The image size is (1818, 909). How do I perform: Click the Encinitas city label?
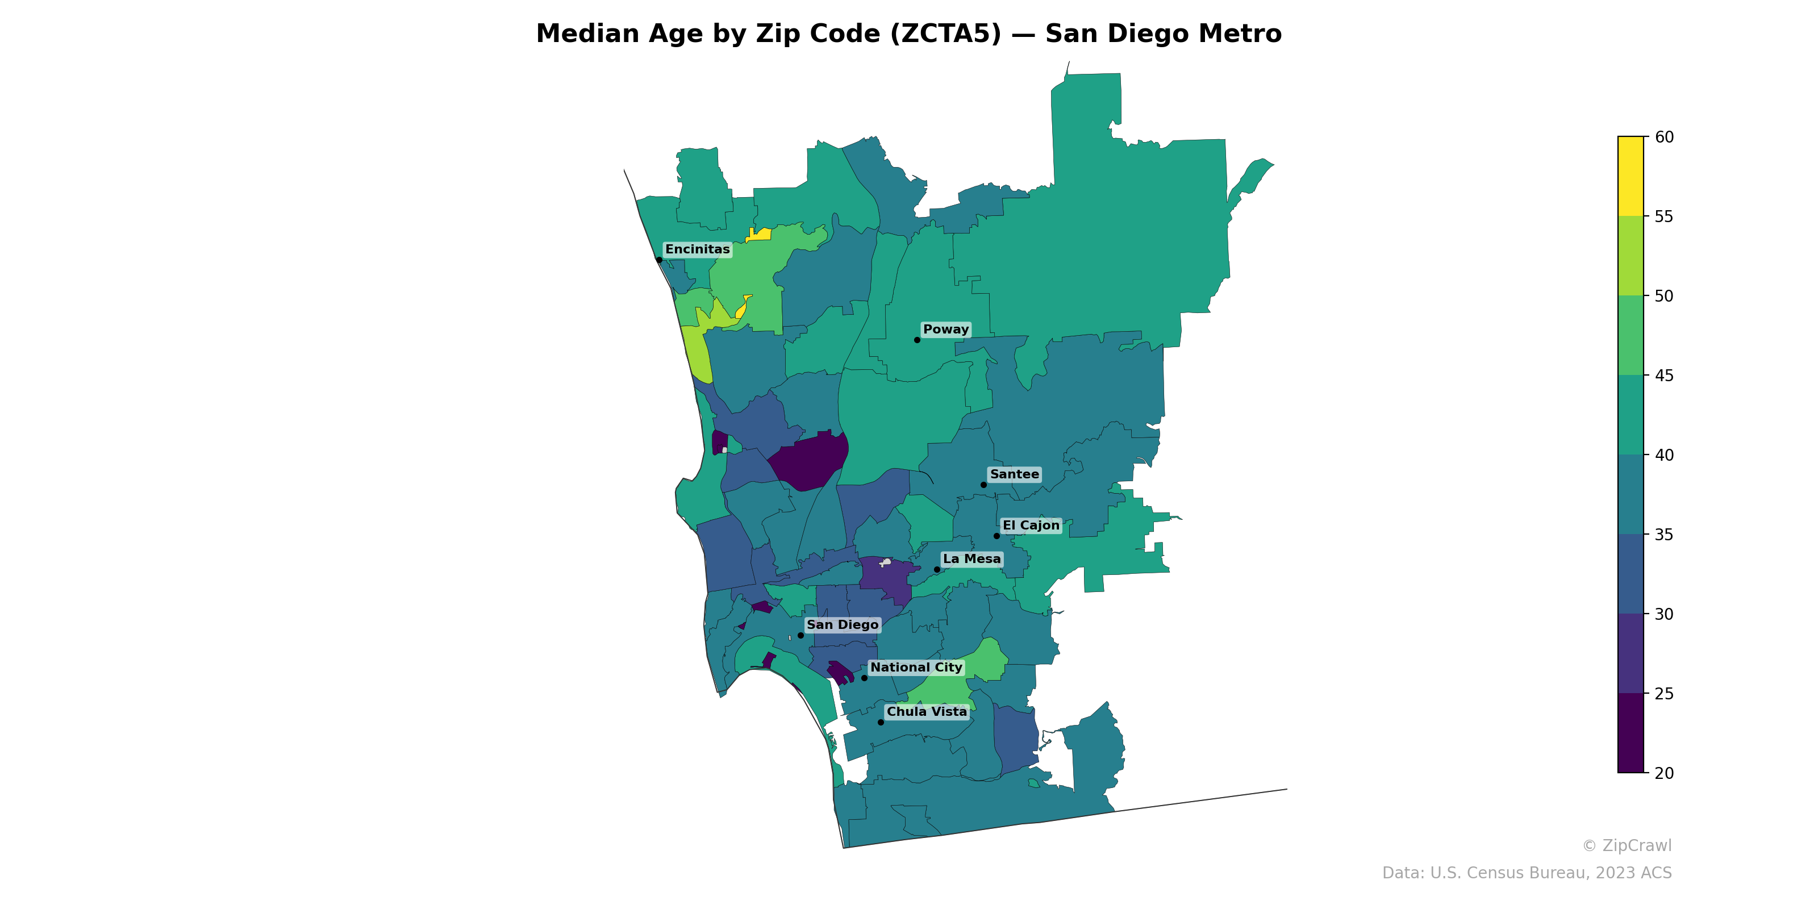tap(697, 249)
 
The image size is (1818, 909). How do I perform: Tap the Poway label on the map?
tap(946, 330)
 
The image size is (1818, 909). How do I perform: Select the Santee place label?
tap(1014, 474)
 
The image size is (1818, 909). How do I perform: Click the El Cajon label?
tap(1031, 525)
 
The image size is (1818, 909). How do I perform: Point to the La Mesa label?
tap(972, 559)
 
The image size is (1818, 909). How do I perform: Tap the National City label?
tap(916, 667)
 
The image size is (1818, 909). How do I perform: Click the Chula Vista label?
tap(927, 711)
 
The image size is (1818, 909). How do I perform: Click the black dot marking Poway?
tap(918, 340)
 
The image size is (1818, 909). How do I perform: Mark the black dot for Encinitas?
tap(659, 260)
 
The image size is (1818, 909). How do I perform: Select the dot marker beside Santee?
tap(984, 485)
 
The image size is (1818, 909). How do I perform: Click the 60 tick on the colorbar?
tap(1664, 137)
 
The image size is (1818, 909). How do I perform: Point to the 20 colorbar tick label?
tap(1664, 773)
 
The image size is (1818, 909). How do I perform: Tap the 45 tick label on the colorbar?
tap(1664, 376)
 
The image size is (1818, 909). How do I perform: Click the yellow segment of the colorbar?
tap(1631, 177)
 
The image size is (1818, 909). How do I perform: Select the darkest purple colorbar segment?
tap(1631, 732)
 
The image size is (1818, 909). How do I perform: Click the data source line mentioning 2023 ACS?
tap(1527, 873)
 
